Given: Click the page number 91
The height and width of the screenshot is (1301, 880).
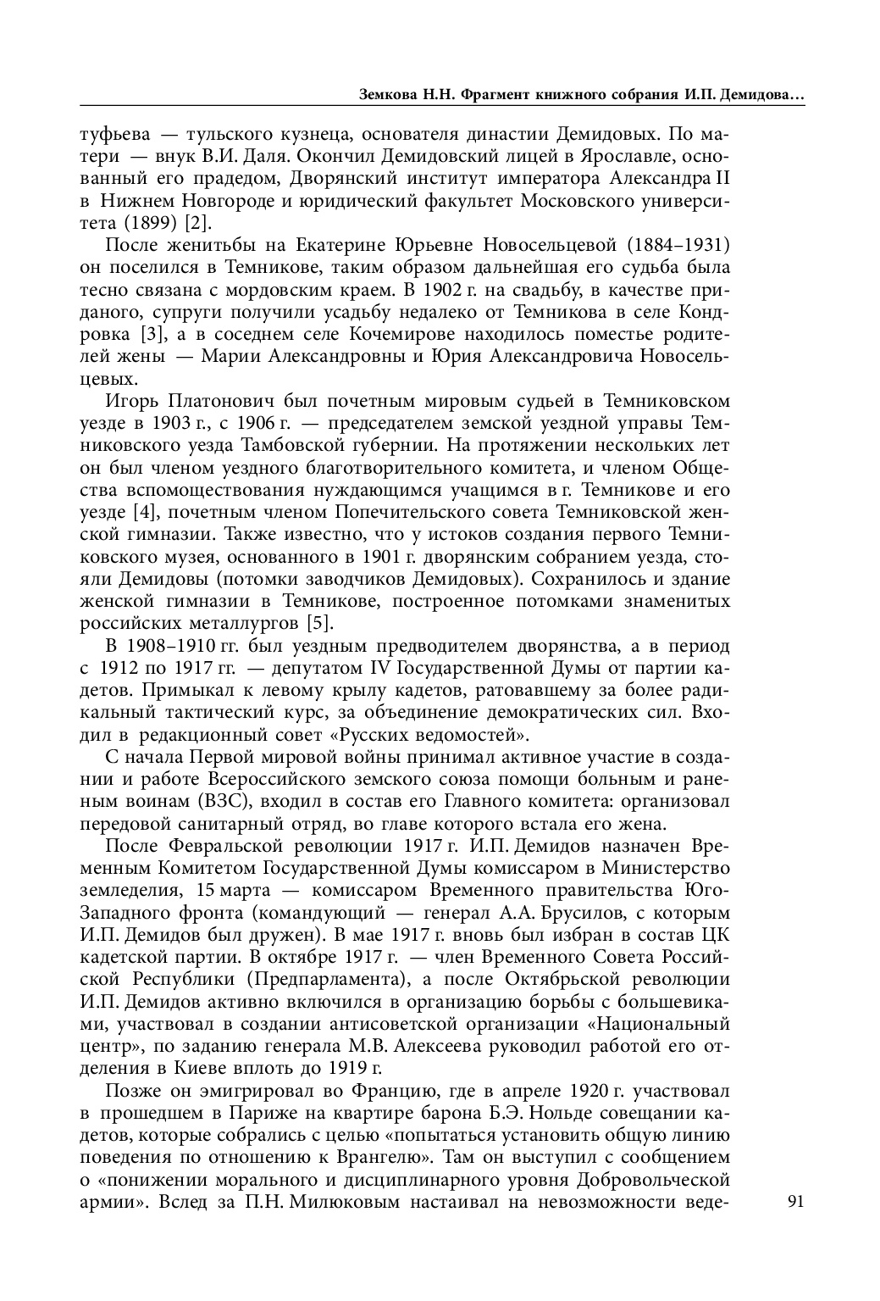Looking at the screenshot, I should tap(795, 1202).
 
